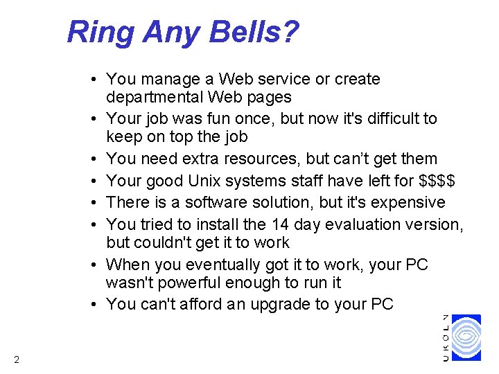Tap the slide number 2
tap(16, 359)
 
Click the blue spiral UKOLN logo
tap(466, 337)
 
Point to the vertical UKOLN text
tap(446, 337)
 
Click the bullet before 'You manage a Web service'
tap(93, 80)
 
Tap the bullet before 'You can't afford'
tap(93, 304)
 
